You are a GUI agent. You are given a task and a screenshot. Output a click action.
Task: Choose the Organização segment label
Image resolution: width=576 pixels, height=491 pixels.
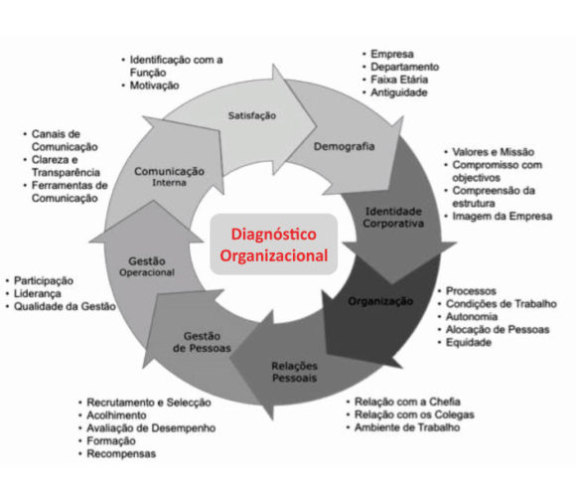click(380, 300)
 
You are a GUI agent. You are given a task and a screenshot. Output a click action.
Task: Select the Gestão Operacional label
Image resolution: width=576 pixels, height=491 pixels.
click(147, 264)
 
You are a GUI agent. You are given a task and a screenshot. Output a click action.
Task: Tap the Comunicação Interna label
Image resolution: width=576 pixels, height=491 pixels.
click(170, 177)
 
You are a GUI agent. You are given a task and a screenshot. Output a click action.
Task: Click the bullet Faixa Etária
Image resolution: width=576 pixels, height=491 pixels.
click(402, 80)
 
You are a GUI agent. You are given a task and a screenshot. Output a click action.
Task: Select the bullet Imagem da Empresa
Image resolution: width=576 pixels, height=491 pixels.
click(496, 216)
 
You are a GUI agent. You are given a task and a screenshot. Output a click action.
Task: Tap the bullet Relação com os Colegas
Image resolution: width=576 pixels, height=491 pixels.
click(415, 414)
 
